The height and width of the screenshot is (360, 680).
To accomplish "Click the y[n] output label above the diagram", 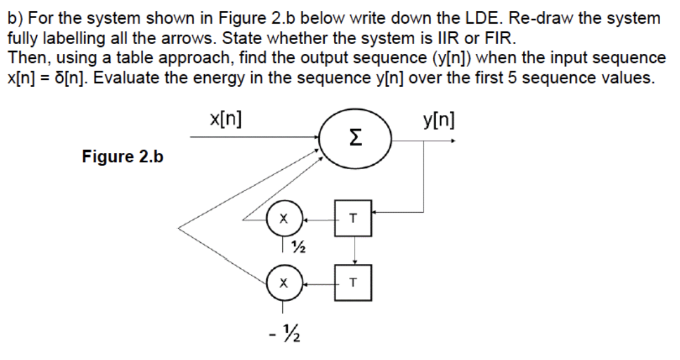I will pyautogui.click(x=438, y=121).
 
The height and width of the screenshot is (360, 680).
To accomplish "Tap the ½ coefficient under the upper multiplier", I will pyautogui.click(x=299, y=246).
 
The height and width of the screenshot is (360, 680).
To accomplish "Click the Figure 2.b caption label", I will pyautogui.click(x=123, y=157).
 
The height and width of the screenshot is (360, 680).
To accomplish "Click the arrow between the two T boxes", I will pyautogui.click(x=354, y=249).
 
